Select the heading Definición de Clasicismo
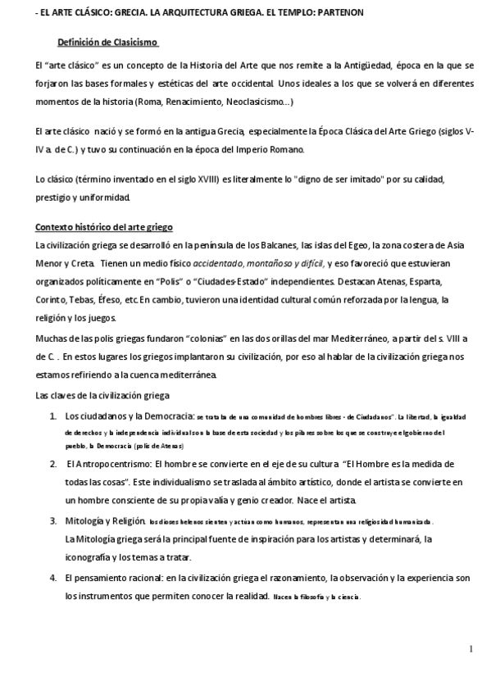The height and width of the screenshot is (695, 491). pyautogui.click(x=107, y=43)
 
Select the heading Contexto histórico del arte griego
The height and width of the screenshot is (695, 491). pyautogui.click(x=104, y=226)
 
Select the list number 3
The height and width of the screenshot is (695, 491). pyautogui.click(x=53, y=521)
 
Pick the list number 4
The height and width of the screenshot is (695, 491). pyautogui.click(x=53, y=578)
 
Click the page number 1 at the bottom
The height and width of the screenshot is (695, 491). pyautogui.click(x=472, y=649)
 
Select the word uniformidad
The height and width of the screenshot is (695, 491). pyautogui.click(x=102, y=198)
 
